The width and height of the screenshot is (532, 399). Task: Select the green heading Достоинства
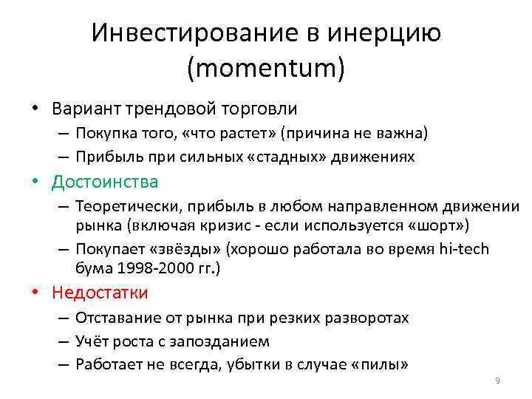(104, 182)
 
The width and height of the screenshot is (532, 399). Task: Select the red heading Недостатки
(100, 293)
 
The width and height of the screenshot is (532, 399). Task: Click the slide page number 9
(497, 381)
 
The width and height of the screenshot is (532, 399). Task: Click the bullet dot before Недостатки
(35, 293)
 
